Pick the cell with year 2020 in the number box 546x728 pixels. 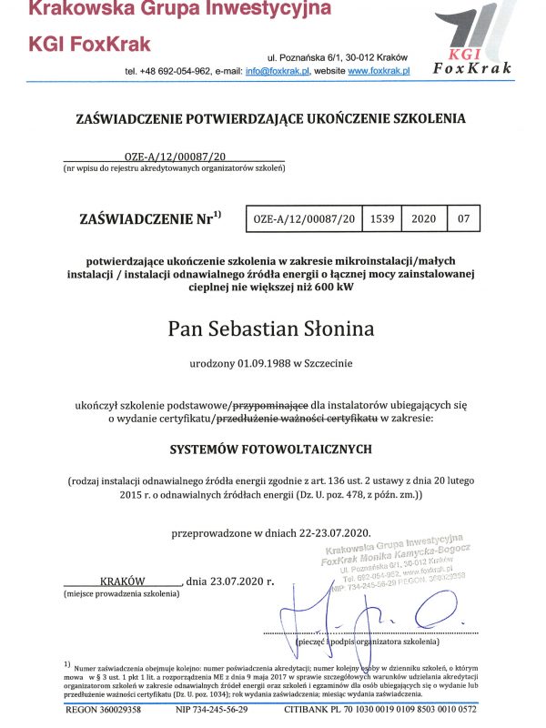pyautogui.click(x=424, y=219)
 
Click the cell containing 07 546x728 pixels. pyautogui.click(x=464, y=219)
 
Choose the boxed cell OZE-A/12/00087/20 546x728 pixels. pyautogui.click(x=304, y=219)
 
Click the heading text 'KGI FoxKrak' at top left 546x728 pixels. pyautogui.click(x=90, y=45)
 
